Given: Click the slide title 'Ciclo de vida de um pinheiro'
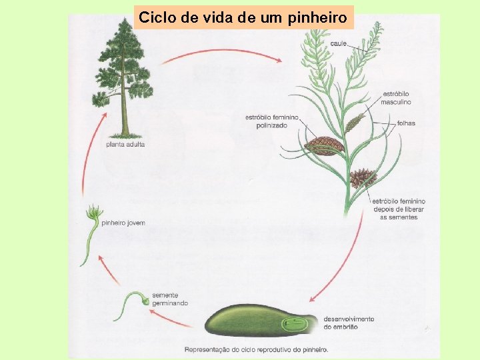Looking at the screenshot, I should pos(243,17).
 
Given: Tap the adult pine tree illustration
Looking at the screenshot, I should pos(123,77).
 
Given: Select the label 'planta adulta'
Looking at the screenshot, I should pos(125,144).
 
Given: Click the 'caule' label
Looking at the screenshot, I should pos(339,43).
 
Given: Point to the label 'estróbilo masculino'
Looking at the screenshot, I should pos(395,97).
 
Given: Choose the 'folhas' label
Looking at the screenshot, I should pos(406,123).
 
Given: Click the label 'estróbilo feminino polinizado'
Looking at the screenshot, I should pos(271,121).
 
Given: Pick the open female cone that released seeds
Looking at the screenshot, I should pos(363,177).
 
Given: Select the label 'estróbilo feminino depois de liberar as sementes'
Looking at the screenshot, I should pos(398,209).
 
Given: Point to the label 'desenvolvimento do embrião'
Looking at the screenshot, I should pos(349,323).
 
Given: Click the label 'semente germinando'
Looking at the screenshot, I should pos(169,299).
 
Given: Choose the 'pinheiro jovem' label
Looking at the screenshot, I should pos(123,223).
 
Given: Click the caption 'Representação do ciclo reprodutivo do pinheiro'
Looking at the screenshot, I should pos(256,349).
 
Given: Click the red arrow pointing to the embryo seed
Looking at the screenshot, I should pos(340,267).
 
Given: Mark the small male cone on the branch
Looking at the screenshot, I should pos(355,123).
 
